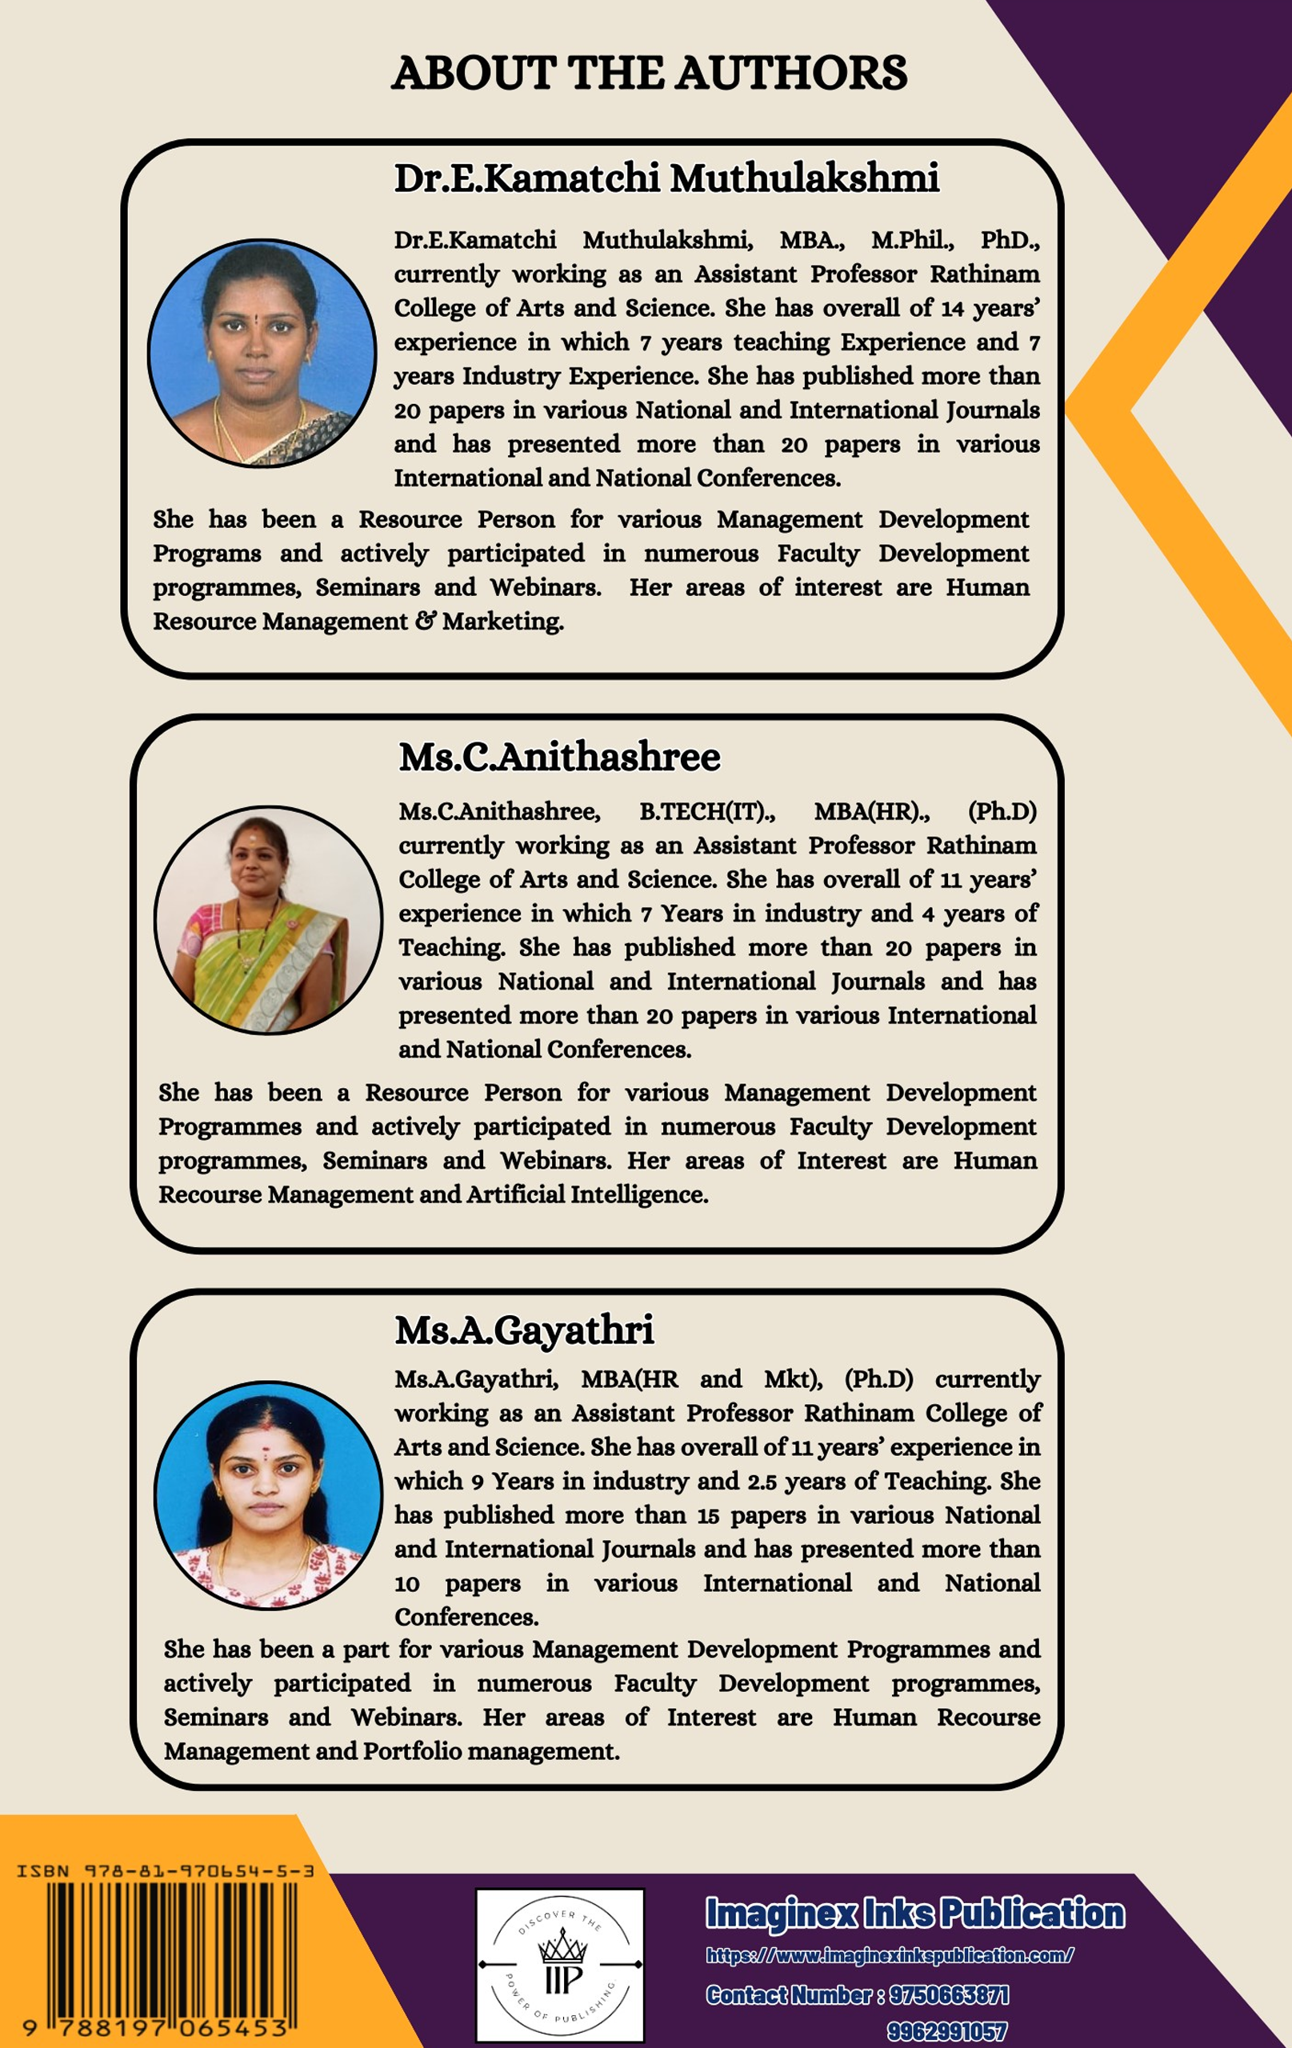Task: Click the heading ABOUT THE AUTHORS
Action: [x=649, y=73]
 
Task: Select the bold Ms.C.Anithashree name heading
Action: [x=559, y=757]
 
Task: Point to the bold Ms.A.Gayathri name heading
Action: [x=524, y=1330]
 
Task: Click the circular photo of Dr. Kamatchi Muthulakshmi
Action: [x=262, y=353]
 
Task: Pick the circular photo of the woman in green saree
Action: [x=268, y=920]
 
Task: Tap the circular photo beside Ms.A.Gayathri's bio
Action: [x=268, y=1494]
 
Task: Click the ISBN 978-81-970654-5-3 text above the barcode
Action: [x=166, y=1871]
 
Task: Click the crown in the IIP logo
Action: [x=562, y=1943]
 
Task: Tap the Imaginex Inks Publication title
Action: [x=914, y=1914]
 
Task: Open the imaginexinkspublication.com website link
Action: [x=890, y=1955]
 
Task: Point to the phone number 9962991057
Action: [x=946, y=2032]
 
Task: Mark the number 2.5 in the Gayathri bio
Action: [x=762, y=1482]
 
